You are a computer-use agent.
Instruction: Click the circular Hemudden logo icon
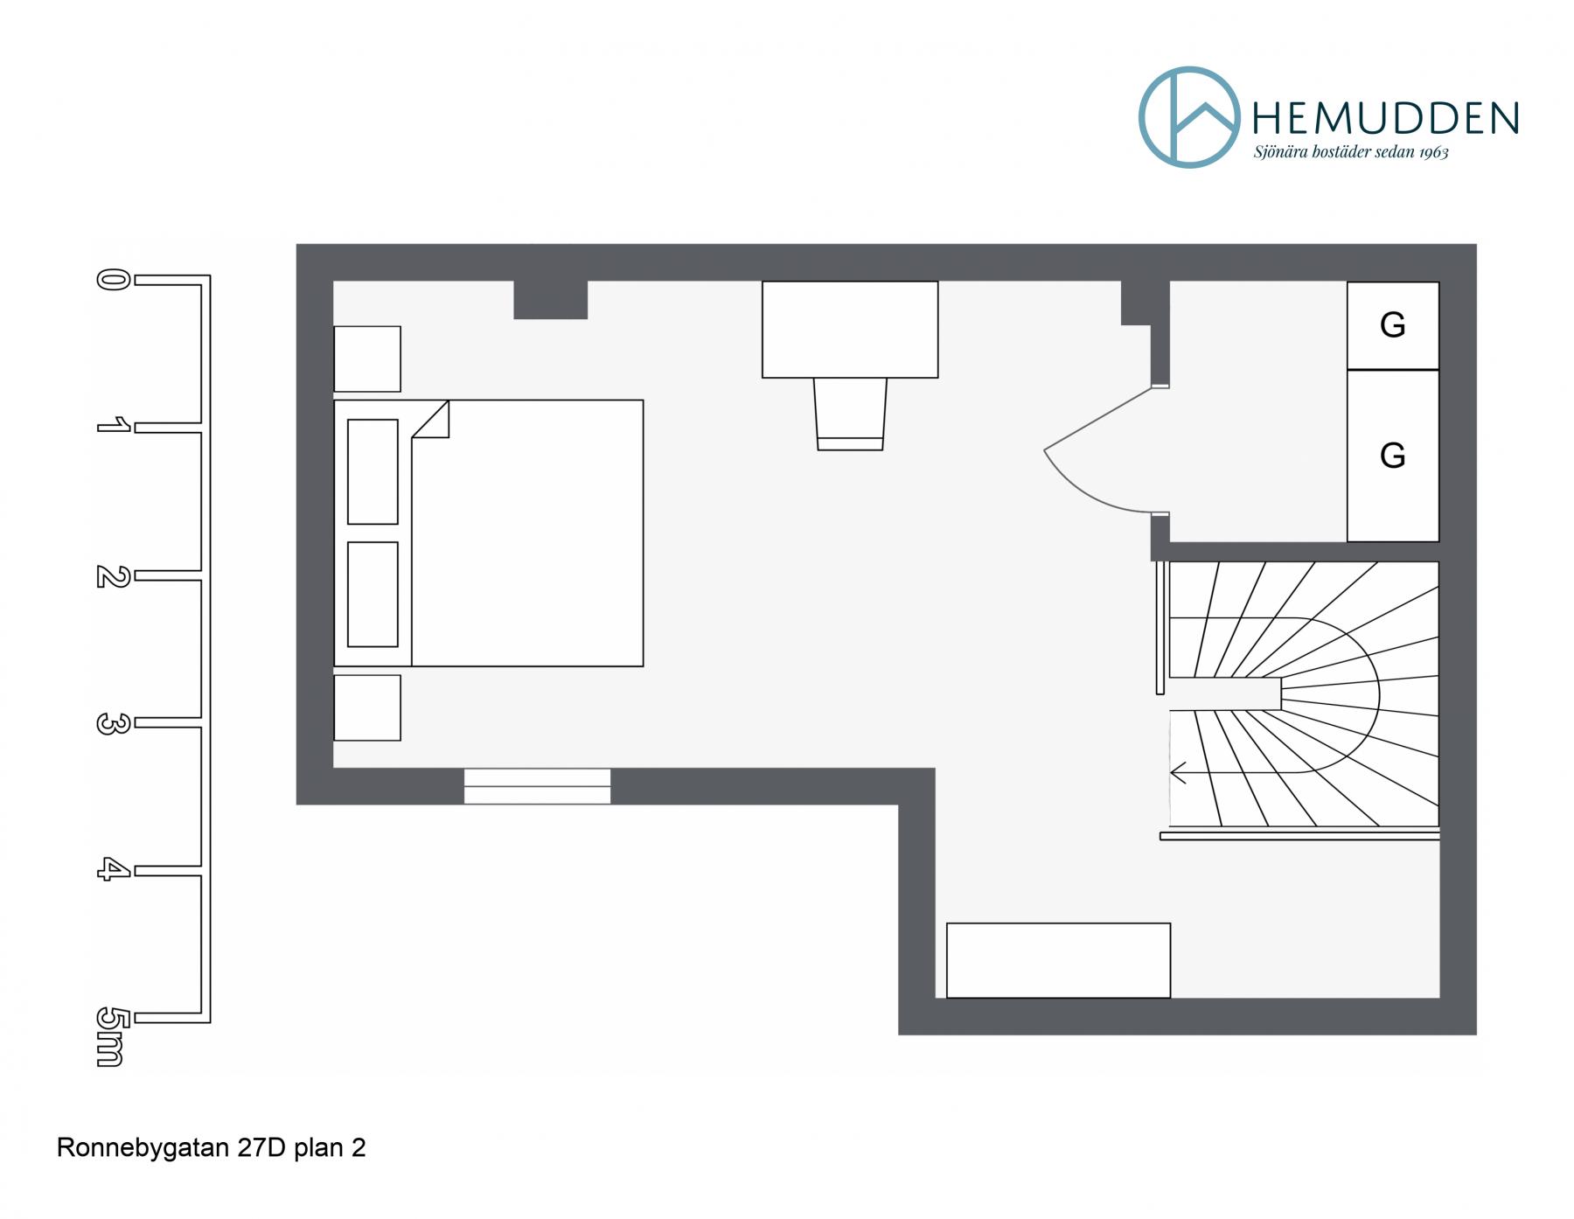(1140, 117)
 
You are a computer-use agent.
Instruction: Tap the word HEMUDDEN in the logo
(1386, 118)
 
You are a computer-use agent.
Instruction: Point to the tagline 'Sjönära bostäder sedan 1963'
(1351, 152)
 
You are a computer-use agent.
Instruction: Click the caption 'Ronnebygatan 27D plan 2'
(211, 1147)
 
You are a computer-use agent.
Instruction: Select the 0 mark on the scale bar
(113, 280)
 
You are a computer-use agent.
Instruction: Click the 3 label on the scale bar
(113, 723)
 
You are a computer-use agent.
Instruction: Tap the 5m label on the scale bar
(110, 1037)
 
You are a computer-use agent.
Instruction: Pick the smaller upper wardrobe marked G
(1392, 325)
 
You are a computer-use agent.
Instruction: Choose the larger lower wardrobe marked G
(1392, 456)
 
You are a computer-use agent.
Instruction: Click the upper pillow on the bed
(373, 471)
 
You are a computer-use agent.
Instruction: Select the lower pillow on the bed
(373, 594)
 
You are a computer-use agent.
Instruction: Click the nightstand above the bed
(367, 359)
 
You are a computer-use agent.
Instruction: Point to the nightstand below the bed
(367, 707)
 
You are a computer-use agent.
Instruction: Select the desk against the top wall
(850, 330)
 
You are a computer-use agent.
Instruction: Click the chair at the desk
(850, 414)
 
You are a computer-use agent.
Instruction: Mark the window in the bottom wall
(537, 786)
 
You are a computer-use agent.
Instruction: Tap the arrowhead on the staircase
(1178, 773)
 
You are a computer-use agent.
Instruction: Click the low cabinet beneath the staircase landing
(1058, 960)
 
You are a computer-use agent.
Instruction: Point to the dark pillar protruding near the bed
(550, 300)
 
